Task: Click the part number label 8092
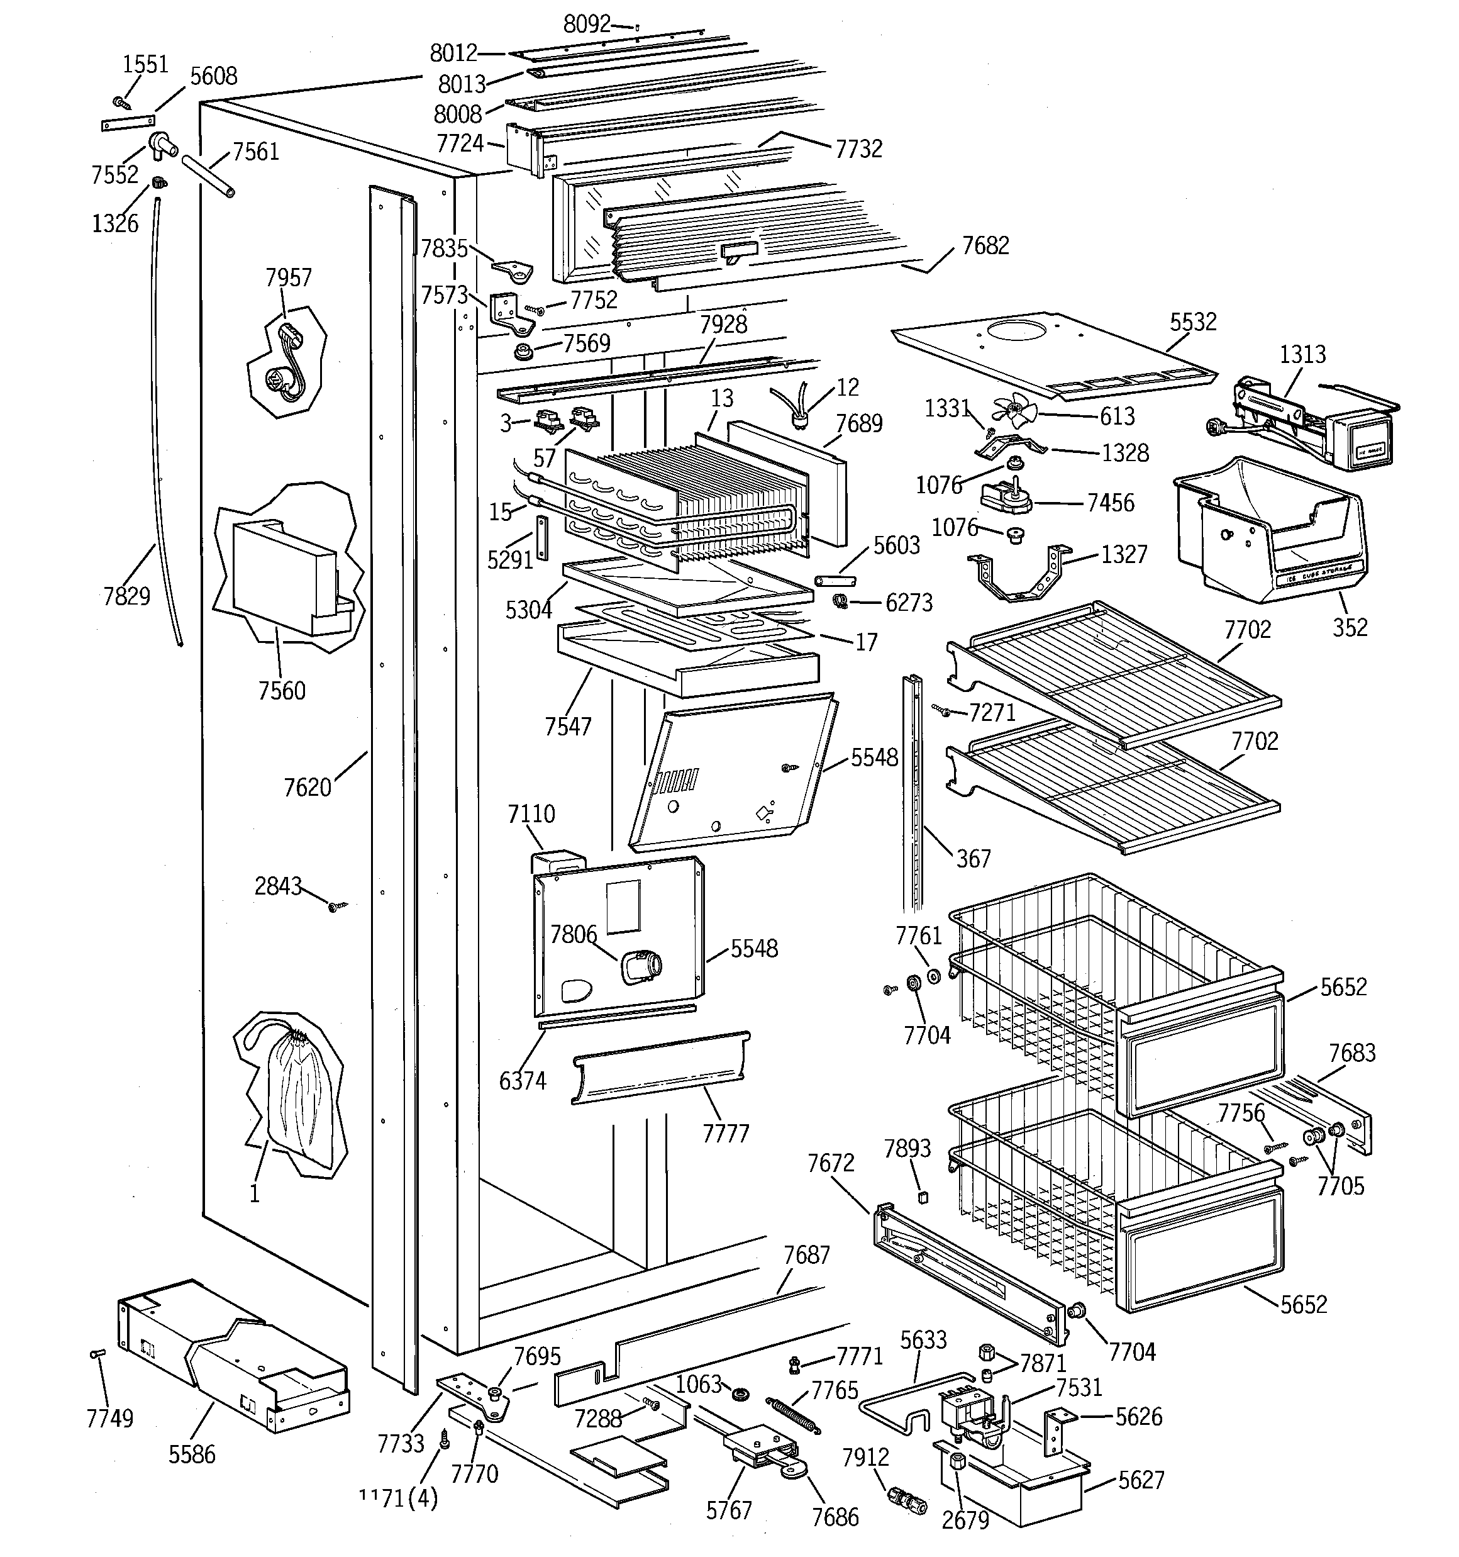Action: [587, 25]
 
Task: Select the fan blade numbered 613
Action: [1016, 410]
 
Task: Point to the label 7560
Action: [282, 690]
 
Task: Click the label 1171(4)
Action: [398, 1498]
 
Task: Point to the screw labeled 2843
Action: [338, 906]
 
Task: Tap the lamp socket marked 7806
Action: [642, 968]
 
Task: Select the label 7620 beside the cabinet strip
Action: [307, 786]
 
